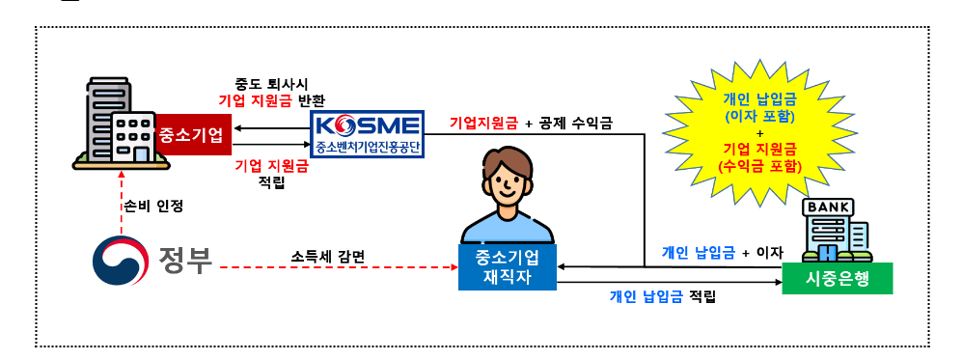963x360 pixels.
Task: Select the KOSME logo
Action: pos(369,125)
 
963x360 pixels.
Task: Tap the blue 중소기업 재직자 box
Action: pos(508,267)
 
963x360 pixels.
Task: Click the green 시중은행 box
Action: pos(837,278)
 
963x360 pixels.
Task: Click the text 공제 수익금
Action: pos(574,124)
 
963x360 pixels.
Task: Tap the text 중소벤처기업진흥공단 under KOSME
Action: pos(369,149)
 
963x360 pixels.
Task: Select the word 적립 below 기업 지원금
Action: pos(273,183)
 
